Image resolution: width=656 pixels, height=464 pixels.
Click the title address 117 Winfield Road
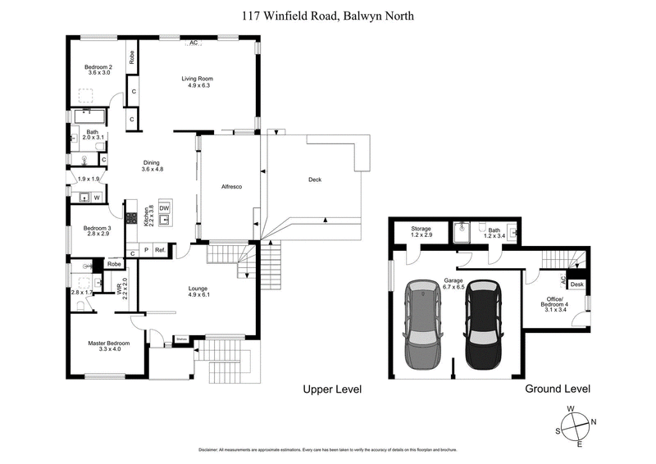pyautogui.click(x=328, y=14)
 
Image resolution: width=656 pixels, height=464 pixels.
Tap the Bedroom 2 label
pyautogui.click(x=98, y=69)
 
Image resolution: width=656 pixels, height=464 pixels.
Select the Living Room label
pyautogui.click(x=198, y=81)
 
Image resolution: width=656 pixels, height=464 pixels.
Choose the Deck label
pyautogui.click(x=315, y=180)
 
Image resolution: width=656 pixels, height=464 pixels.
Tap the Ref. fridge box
pyautogui.click(x=161, y=250)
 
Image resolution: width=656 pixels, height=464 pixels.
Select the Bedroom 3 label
pyautogui.click(x=96, y=231)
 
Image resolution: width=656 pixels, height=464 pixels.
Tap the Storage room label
pyautogui.click(x=421, y=232)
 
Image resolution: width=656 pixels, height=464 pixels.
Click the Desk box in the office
pyautogui.click(x=576, y=284)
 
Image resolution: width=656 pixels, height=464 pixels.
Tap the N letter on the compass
pyautogui.click(x=594, y=423)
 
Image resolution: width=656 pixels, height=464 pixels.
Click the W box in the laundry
pyautogui.click(x=96, y=197)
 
